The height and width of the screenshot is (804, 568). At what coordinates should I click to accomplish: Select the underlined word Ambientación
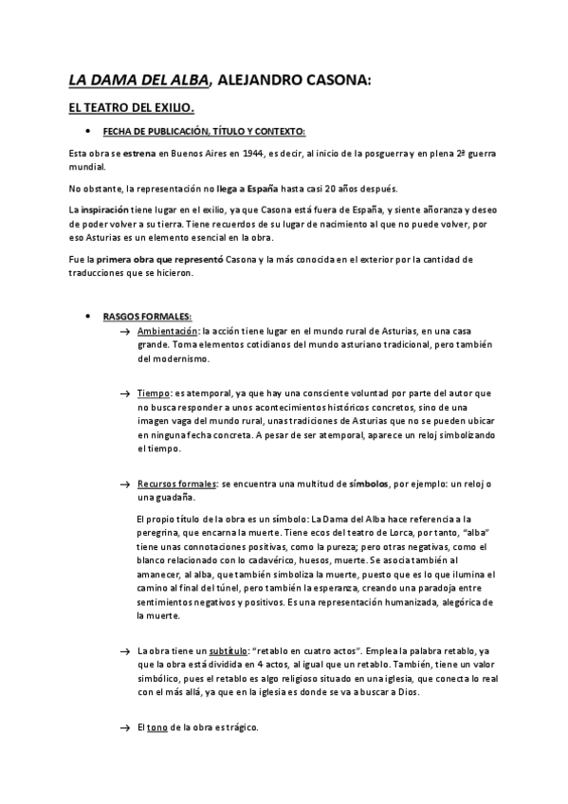click(169, 332)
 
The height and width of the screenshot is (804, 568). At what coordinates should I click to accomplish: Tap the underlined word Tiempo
click(154, 393)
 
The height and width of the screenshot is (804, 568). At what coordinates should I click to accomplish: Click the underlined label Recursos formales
click(177, 484)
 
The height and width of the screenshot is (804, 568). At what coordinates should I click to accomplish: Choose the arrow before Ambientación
click(125, 332)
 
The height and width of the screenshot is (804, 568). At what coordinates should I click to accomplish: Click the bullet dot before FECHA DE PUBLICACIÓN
click(87, 132)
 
